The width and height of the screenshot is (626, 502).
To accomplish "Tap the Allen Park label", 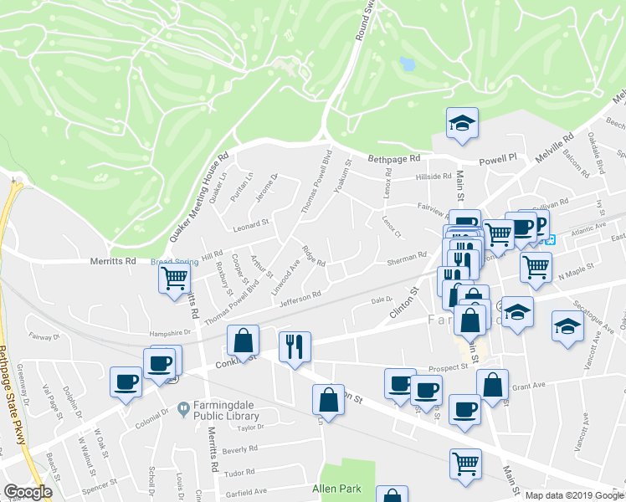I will [334, 486].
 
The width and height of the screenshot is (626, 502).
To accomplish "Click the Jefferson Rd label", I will [300, 297].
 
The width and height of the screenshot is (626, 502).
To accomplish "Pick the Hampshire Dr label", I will [171, 331].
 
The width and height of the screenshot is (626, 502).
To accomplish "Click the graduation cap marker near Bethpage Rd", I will [462, 125].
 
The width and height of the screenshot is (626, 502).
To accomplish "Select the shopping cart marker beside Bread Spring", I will [175, 278].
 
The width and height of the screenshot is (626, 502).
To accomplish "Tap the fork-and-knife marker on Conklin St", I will [294, 346].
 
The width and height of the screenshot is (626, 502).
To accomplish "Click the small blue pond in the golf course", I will [408, 64].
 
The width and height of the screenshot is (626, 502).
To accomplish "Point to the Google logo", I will [28, 492].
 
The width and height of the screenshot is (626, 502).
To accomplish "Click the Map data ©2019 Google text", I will [574, 495].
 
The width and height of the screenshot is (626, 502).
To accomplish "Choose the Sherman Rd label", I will [408, 262].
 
